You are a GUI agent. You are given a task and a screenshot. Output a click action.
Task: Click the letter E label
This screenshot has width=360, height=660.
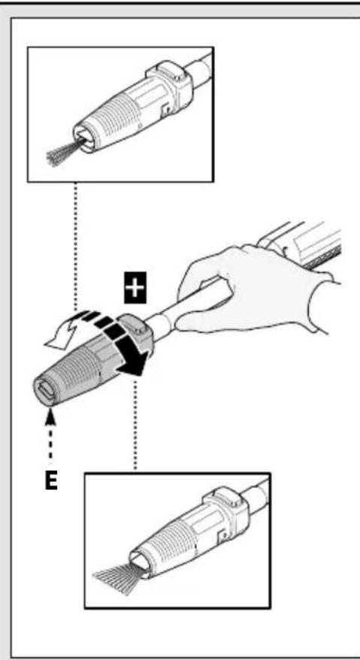[50, 480]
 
